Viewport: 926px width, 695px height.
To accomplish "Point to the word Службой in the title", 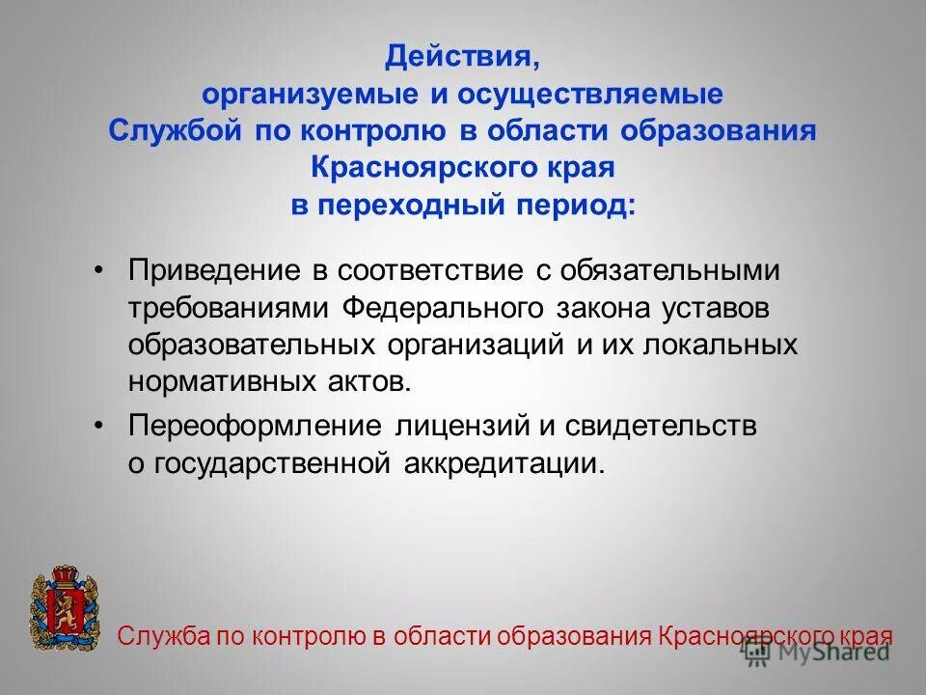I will pos(177,131).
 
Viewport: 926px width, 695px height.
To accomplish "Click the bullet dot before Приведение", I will pos(99,271).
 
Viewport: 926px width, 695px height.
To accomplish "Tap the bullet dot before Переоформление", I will pos(99,427).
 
